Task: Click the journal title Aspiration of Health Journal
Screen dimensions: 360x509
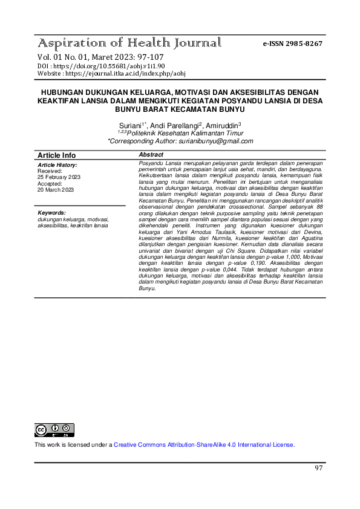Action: (x=129, y=44)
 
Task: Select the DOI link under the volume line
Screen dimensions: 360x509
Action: (x=102, y=65)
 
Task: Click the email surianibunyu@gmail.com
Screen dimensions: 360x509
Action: (x=215, y=141)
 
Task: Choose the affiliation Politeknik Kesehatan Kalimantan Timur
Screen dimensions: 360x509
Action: (x=185, y=133)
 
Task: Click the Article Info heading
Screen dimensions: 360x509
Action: (x=57, y=155)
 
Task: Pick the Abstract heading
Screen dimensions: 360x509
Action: (x=152, y=155)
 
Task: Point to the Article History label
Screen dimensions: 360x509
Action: (x=57, y=165)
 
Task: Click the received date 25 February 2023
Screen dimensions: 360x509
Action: (x=59, y=177)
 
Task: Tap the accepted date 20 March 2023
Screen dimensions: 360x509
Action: (x=56, y=190)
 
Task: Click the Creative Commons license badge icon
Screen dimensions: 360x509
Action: (x=54, y=430)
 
